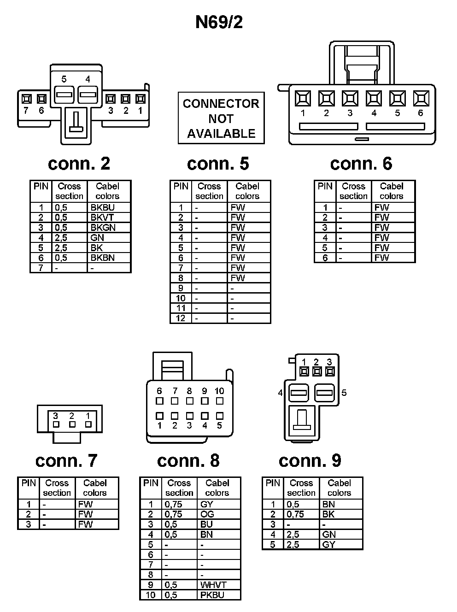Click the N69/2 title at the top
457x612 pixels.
point(219,22)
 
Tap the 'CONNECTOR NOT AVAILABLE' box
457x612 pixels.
point(221,118)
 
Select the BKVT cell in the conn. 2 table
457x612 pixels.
point(102,218)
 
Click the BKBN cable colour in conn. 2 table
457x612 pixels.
point(103,258)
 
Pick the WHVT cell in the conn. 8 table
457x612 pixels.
point(213,585)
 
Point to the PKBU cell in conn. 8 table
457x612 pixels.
point(212,595)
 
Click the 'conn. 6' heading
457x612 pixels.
point(361,164)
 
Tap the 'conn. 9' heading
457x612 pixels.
point(310,460)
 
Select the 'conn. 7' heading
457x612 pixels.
point(66,460)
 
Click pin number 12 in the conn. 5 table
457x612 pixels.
point(181,318)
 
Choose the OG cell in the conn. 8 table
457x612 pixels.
point(207,514)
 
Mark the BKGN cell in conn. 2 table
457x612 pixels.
point(103,228)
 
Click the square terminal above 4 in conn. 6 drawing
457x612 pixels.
point(374,98)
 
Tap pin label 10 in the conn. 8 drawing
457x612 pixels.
point(219,391)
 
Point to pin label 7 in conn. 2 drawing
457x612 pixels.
point(26,111)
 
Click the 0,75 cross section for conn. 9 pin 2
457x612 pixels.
point(295,514)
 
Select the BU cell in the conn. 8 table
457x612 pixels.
point(206,524)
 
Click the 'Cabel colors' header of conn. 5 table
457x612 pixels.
point(247,191)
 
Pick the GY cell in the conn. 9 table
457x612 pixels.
point(329,545)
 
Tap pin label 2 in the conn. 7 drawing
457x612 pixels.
point(72,416)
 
